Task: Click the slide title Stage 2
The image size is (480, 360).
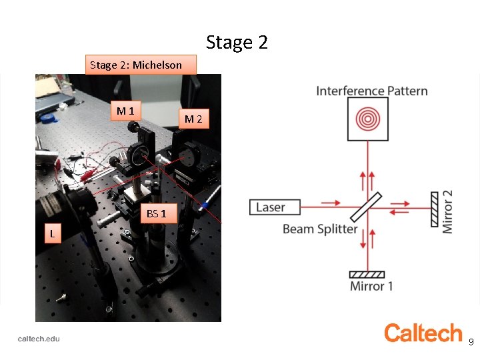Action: click(x=237, y=43)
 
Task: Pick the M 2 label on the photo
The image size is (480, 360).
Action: click(x=193, y=119)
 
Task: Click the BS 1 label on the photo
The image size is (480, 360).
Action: click(x=157, y=213)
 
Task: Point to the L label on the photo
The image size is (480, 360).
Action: click(x=51, y=233)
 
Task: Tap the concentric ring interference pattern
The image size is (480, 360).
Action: click(x=368, y=119)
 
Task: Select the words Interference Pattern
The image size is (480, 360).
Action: click(x=372, y=91)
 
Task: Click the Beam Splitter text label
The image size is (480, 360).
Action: click(x=320, y=229)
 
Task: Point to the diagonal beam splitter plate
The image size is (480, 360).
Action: click(x=367, y=207)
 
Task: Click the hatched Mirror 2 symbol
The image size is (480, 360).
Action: click(x=435, y=207)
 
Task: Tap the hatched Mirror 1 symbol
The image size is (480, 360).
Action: click(x=367, y=273)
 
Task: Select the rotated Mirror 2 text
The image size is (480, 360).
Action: click(x=447, y=211)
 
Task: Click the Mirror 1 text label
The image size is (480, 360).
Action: click(x=371, y=287)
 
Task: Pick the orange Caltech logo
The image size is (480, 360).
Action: click(x=423, y=333)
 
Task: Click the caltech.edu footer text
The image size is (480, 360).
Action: click(x=39, y=339)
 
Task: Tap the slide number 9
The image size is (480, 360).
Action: click(x=471, y=342)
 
